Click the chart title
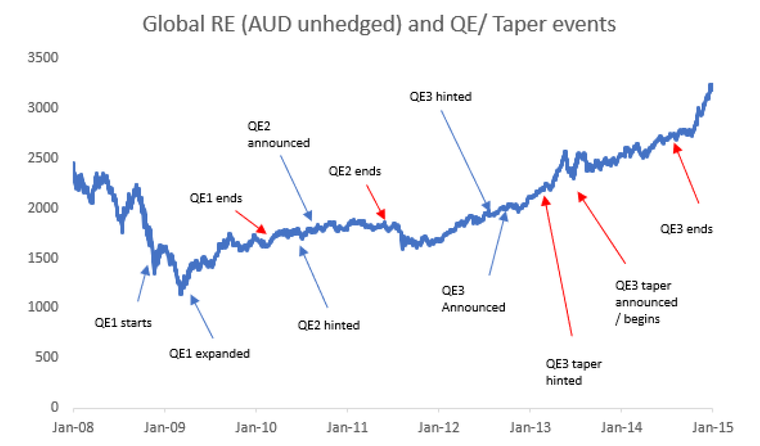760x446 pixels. tap(380, 25)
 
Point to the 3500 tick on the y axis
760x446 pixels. tap(45, 58)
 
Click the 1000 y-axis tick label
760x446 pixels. tap(45, 307)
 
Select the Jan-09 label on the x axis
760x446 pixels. tap(164, 428)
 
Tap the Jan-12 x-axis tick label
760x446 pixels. tap(438, 428)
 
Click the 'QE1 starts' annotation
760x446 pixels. tap(123, 322)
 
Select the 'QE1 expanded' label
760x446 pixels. tap(210, 354)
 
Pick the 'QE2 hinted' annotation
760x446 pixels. tap(328, 325)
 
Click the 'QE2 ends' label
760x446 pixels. tap(354, 171)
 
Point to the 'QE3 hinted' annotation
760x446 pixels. tap(440, 96)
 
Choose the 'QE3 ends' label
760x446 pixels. tap(687, 229)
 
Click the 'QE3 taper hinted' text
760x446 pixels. tap(573, 372)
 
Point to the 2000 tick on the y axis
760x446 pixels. tap(45, 207)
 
